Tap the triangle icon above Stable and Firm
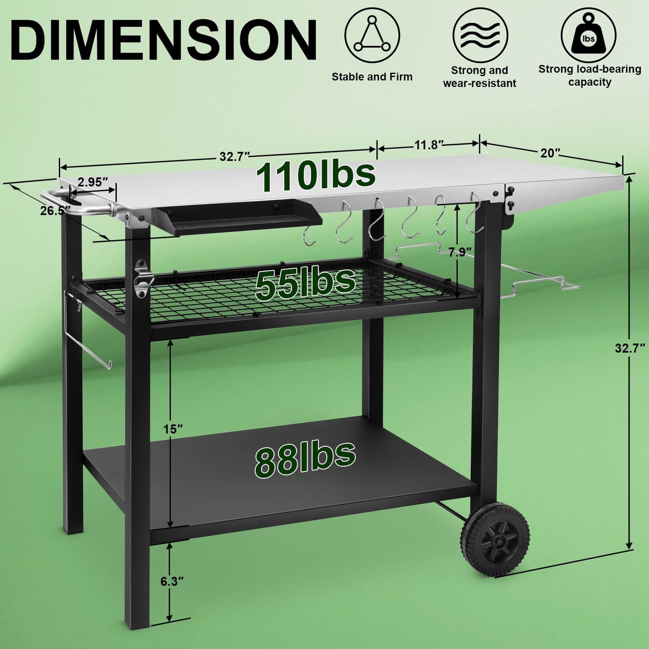(372, 35)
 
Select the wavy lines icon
(480, 35)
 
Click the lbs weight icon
(588, 35)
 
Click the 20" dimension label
(550, 153)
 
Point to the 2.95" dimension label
(93, 181)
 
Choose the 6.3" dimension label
(172, 581)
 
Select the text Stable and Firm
(372, 77)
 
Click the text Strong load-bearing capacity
(589, 75)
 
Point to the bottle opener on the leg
(143, 278)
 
